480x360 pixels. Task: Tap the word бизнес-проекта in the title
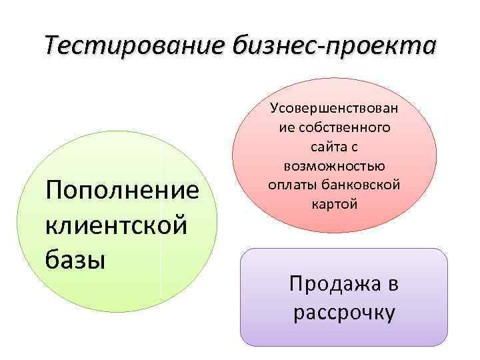tap(335, 47)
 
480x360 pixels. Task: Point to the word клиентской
tap(115, 225)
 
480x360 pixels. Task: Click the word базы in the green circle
tap(75, 258)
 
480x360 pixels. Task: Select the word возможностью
tap(334, 165)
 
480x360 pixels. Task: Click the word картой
tap(334, 204)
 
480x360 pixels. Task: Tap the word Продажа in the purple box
tap(331, 285)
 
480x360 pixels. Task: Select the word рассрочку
tap(344, 312)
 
